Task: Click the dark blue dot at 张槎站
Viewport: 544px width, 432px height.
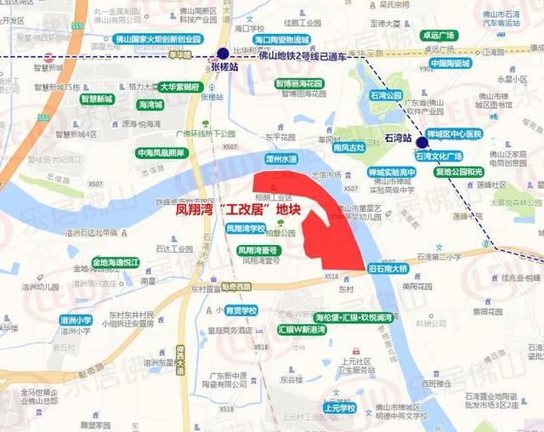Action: (223, 54)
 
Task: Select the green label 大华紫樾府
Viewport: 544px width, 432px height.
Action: (180, 87)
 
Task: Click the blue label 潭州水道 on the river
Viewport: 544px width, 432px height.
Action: (281, 158)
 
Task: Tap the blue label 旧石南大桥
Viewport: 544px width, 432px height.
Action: (388, 269)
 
